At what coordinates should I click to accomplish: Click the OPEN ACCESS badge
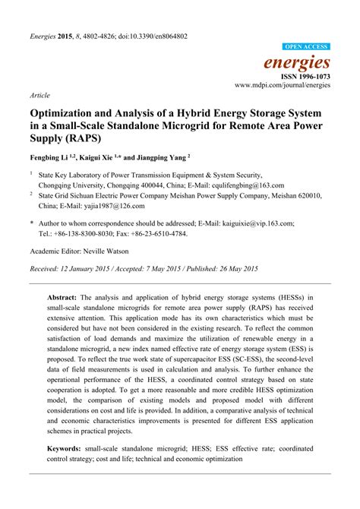[306, 47]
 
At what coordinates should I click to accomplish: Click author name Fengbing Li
[48, 159]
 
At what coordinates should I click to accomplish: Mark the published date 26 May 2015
[235, 269]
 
